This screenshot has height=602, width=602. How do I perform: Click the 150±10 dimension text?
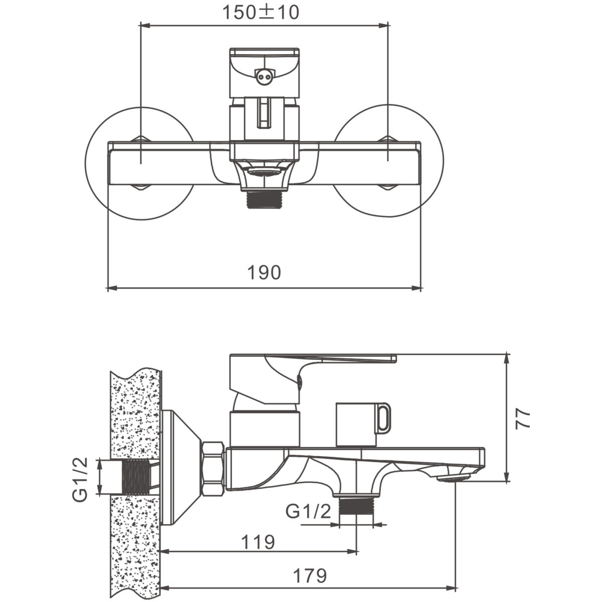(x=260, y=13)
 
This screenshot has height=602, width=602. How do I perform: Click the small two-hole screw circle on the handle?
(x=264, y=75)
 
